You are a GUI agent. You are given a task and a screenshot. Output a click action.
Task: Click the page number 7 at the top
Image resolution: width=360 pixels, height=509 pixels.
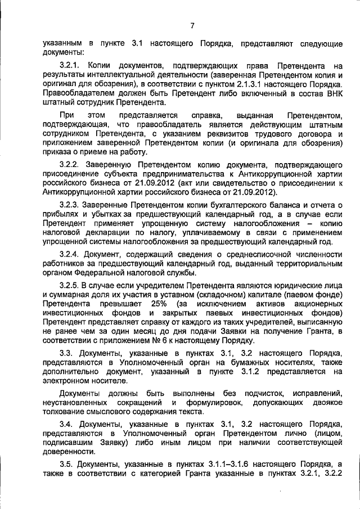coord(192,25)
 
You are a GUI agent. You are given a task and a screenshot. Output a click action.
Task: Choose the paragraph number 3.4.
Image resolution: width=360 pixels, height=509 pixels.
coord(67,424)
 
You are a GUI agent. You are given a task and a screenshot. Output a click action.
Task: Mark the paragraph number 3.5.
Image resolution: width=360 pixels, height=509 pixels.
coord(67,464)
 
